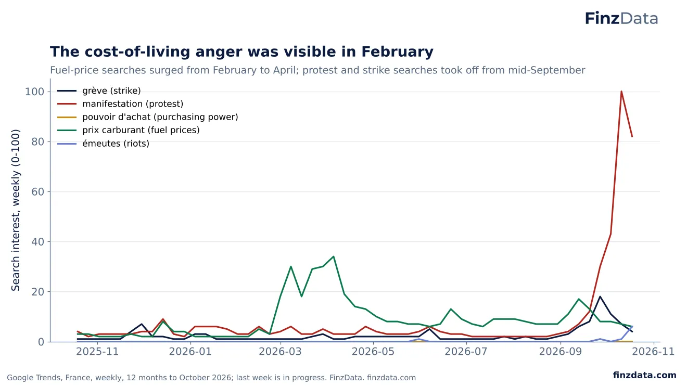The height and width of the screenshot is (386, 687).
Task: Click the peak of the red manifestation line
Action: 621,92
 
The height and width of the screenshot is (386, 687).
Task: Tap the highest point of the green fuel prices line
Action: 334,256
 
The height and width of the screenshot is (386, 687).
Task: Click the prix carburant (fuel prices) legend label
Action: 141,130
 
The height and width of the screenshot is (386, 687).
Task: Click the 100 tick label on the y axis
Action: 34,92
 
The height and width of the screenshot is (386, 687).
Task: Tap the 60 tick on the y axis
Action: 37,191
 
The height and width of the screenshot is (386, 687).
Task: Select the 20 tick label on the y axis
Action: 37,291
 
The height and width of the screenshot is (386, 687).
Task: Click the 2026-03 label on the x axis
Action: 281,351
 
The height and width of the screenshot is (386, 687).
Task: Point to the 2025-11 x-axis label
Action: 97,351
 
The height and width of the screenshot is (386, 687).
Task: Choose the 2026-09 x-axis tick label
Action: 561,351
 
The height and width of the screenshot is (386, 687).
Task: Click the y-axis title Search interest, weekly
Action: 15,210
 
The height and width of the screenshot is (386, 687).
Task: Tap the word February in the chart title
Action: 398,52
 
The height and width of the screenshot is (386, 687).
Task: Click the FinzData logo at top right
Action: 621,18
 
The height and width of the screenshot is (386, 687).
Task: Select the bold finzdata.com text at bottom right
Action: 645,375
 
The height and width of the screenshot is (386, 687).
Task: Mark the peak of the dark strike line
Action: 600,297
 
